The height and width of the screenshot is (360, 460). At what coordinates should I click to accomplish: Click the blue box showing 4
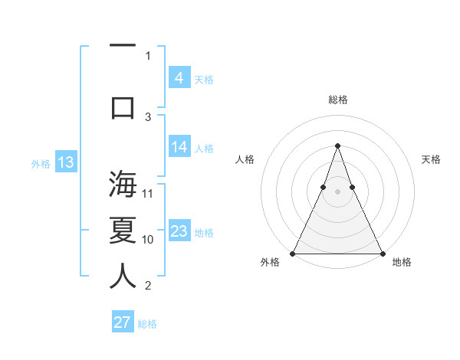coord(179,77)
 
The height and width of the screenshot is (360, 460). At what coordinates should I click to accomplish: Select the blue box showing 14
coord(179,147)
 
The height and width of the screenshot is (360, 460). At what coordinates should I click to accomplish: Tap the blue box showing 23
coord(179,231)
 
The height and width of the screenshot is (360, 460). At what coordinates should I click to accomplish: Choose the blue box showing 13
coord(65,162)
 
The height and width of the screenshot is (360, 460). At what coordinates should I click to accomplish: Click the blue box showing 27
coord(123,322)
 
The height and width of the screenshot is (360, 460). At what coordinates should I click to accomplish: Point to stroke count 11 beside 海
coord(149,193)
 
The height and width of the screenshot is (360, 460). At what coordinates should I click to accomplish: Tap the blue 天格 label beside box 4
coord(204,80)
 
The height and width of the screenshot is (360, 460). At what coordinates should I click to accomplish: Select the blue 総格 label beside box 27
coord(147,324)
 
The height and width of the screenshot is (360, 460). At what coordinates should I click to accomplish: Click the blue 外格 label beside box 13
coord(40,163)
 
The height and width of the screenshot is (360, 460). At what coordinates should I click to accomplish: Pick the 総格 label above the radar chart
coord(337,100)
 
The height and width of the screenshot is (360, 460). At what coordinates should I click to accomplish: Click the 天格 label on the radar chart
coord(432,159)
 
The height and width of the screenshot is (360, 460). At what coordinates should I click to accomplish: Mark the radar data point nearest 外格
coord(293,253)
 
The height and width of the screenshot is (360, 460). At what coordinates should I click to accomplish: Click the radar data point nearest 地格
coord(382,253)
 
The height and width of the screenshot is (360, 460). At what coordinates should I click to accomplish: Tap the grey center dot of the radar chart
coord(337,192)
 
